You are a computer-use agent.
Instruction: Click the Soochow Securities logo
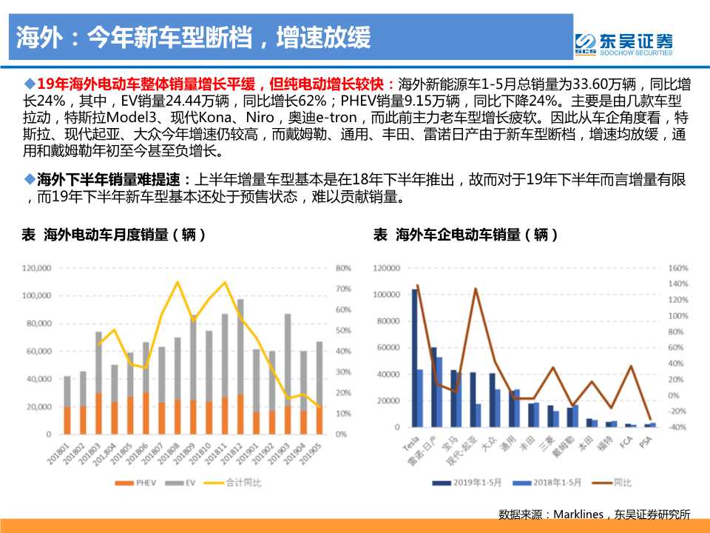pos(623,44)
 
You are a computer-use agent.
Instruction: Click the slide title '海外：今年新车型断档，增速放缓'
pos(194,37)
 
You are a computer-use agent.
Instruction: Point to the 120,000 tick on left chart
pos(35,268)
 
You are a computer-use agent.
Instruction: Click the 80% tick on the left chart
pos(342,268)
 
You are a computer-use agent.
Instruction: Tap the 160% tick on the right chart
pos(677,268)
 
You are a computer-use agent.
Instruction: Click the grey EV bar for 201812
pos(241,346)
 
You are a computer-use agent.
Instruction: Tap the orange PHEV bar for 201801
pos(67,420)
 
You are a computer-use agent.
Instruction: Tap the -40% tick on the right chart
pos(677,428)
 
